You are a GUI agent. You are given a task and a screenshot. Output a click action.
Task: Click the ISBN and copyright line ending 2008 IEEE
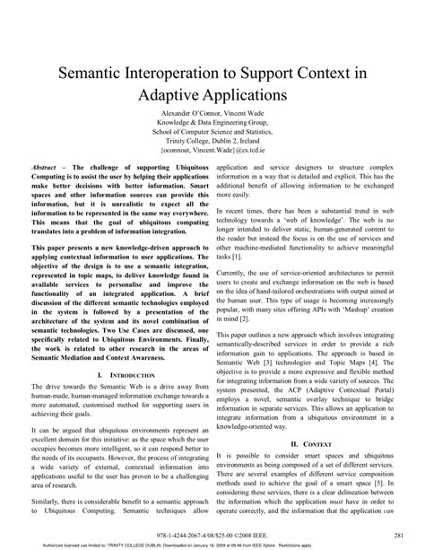[x=212, y=532]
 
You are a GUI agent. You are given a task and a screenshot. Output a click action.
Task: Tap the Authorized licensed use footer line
[x=212, y=543]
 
